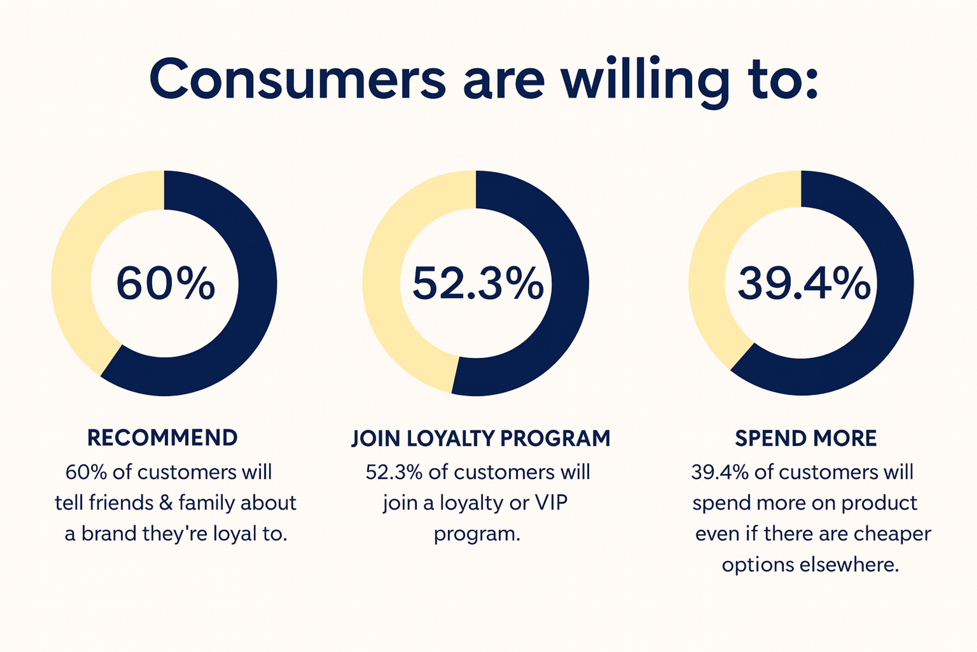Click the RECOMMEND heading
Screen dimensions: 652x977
coord(162,438)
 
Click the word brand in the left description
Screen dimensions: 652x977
coord(109,534)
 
